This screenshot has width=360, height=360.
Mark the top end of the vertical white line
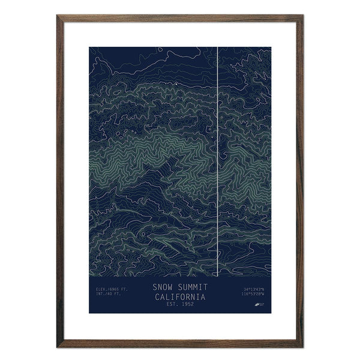[x=217, y=47]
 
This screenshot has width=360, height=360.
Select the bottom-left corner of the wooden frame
[x=58, y=347]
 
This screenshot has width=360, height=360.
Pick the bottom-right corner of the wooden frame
[x=303, y=347]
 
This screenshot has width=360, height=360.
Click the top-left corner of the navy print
[x=89, y=47]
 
